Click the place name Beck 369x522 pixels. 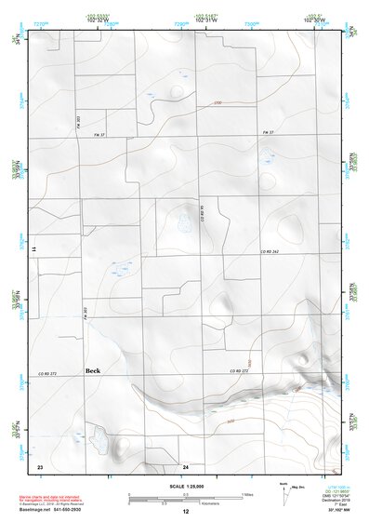[x=92, y=369]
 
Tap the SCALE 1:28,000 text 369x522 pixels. [x=185, y=487]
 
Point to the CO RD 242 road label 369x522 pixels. [x=270, y=252]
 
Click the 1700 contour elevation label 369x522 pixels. [x=218, y=101]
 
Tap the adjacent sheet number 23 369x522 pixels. [x=39, y=464]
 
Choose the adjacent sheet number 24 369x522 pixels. [x=185, y=464]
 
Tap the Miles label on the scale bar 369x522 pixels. [x=247, y=493]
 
